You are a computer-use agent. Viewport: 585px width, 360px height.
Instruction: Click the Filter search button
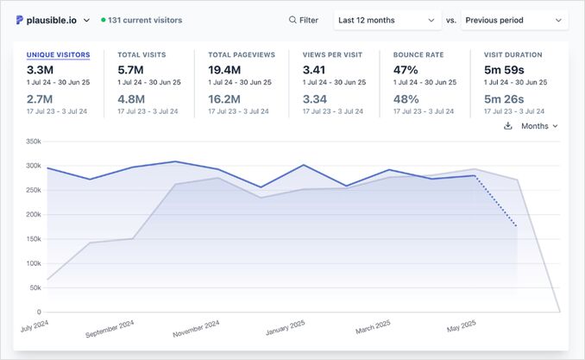(303, 20)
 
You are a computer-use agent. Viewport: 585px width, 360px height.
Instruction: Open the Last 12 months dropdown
(387, 20)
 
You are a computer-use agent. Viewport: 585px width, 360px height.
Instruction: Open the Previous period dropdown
(514, 20)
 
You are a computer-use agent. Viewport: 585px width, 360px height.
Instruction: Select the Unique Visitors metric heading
(58, 54)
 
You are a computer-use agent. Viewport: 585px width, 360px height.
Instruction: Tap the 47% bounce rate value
(406, 69)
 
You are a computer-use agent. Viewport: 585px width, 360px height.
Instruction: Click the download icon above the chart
(508, 126)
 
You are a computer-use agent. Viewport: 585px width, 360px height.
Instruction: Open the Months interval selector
(539, 126)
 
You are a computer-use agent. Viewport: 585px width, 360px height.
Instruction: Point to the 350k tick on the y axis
(33, 141)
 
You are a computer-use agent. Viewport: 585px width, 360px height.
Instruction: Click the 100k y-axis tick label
(33, 263)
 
